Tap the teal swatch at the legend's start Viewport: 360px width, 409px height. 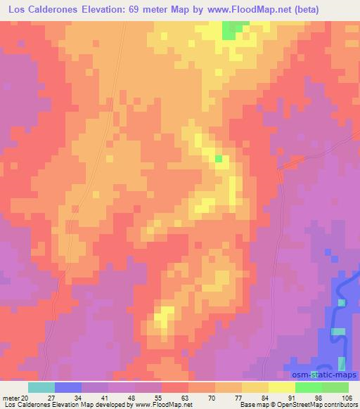pyautogui.click(x=41, y=387)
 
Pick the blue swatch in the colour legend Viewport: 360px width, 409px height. pyautogui.click(x=68, y=387)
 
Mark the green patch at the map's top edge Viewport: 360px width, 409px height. pyautogui.click(x=231, y=30)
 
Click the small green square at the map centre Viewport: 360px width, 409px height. pyautogui.click(x=219, y=159)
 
